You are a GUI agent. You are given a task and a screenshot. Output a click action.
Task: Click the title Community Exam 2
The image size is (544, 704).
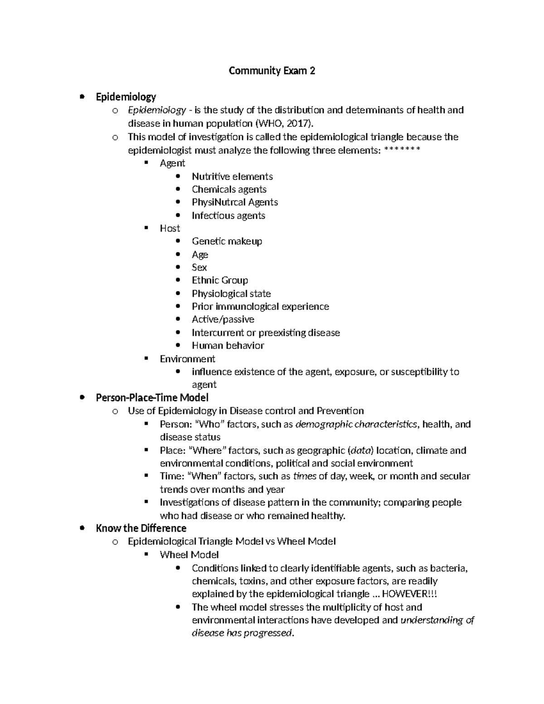(x=272, y=71)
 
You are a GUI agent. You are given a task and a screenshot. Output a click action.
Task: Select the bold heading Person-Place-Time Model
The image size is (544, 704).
(x=152, y=398)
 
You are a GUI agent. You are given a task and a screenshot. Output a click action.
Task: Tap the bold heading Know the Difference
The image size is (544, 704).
(x=141, y=528)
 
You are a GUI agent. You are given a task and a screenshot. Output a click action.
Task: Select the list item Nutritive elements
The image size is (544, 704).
(x=232, y=176)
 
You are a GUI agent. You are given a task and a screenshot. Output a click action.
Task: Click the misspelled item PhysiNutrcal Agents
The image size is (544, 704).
(x=234, y=202)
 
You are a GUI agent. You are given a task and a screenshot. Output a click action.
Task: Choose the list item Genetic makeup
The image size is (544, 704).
(x=227, y=241)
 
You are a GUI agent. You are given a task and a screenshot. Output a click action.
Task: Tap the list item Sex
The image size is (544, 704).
(x=199, y=267)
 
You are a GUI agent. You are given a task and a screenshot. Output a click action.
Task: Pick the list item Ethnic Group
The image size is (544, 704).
(x=219, y=280)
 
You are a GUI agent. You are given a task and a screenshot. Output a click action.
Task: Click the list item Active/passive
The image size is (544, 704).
(x=223, y=319)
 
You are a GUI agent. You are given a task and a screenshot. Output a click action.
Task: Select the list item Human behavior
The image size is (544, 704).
(x=228, y=345)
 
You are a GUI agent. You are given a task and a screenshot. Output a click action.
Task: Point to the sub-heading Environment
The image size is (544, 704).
(x=187, y=359)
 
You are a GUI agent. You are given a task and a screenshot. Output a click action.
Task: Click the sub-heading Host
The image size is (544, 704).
(x=170, y=228)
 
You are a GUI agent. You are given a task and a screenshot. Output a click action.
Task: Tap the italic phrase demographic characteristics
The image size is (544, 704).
(x=356, y=424)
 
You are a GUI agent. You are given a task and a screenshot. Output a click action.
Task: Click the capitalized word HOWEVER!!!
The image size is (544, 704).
(x=410, y=594)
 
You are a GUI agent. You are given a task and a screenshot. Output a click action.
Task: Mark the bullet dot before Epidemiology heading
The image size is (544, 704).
(x=82, y=97)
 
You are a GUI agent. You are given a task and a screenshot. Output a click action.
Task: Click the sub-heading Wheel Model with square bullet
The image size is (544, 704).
(x=189, y=554)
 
